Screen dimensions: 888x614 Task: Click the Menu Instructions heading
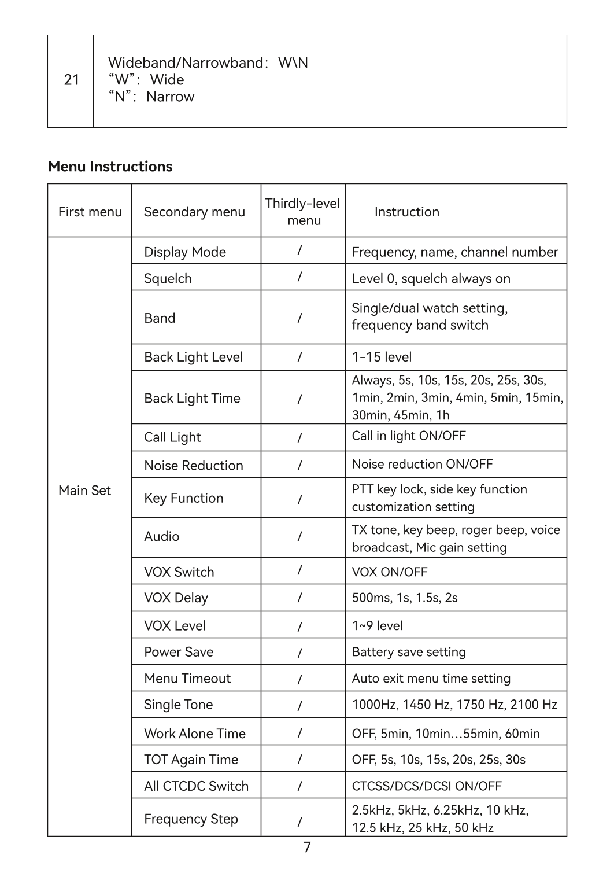click(110, 167)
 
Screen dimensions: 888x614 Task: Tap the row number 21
click(71, 80)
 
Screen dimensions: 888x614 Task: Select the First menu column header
click(90, 212)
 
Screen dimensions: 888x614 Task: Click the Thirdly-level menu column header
click(303, 212)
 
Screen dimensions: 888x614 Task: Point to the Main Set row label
click(84, 491)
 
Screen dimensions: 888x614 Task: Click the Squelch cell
click(168, 278)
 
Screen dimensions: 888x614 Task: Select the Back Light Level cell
click(193, 357)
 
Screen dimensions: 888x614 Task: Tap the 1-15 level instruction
click(382, 357)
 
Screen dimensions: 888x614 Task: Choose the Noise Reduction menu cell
click(193, 466)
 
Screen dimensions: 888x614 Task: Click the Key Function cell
click(183, 498)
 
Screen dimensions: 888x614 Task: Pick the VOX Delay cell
click(176, 598)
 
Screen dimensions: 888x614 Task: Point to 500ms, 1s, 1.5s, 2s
click(405, 598)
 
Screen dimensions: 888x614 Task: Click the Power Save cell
click(179, 652)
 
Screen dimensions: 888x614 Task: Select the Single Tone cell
click(178, 705)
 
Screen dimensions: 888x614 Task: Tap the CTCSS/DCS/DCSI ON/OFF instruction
click(427, 786)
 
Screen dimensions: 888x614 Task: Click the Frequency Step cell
click(191, 819)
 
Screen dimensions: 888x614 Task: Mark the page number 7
click(307, 848)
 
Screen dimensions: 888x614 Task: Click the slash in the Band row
click(299, 318)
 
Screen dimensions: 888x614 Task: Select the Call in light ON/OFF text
click(409, 436)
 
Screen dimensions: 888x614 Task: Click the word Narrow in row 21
click(170, 97)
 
